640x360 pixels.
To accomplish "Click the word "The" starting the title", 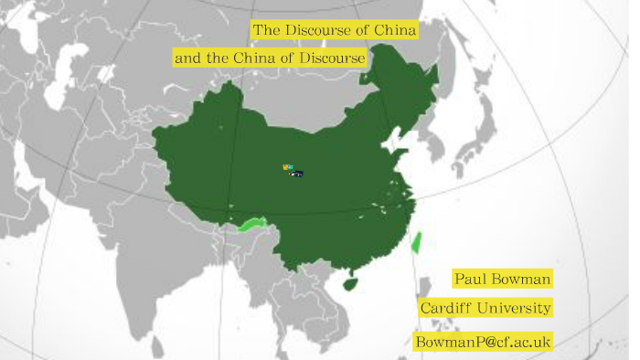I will [265, 31].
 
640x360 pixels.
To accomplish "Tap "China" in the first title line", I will [395, 31].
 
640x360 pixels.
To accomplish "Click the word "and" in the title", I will [187, 58].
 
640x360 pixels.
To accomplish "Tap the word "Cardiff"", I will [448, 308].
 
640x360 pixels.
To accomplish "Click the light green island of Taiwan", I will [417, 242].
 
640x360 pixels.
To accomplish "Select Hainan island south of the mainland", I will [348, 283].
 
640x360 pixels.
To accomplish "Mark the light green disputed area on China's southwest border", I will [251, 224].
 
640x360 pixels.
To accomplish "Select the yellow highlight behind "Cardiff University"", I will [485, 308].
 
